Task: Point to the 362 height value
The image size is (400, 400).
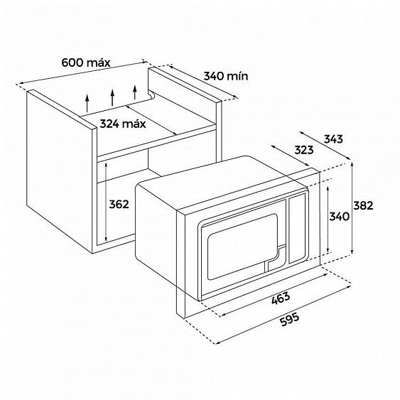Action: pos(119,205)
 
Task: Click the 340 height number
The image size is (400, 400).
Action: pos(340,217)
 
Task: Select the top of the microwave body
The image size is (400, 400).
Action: pos(220,178)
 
